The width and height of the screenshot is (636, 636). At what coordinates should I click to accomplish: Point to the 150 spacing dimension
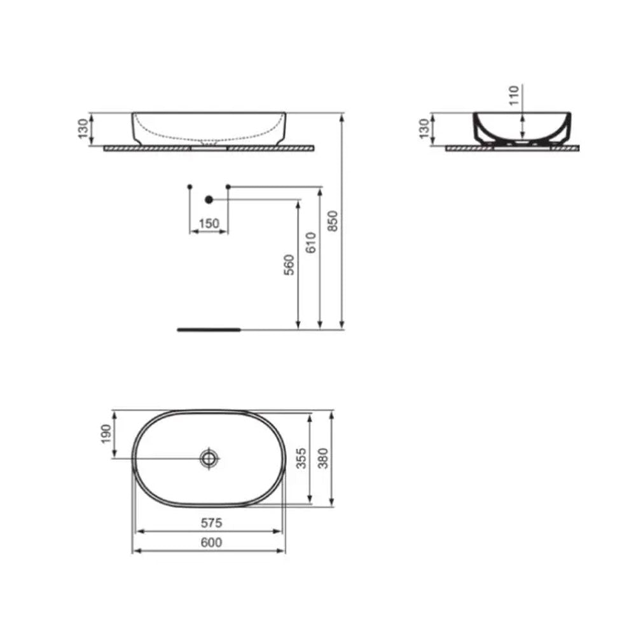pyautogui.click(x=209, y=223)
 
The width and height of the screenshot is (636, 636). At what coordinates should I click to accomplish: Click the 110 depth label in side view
pyautogui.click(x=515, y=95)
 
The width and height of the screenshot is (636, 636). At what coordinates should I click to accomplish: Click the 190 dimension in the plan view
pyautogui.click(x=106, y=434)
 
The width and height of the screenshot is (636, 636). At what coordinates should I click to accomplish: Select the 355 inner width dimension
pyautogui.click(x=301, y=458)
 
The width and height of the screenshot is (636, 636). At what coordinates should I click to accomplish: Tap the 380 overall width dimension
pyautogui.click(x=323, y=458)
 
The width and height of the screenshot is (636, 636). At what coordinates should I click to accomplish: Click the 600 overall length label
pyautogui.click(x=211, y=542)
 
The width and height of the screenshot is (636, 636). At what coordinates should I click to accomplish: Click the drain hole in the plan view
pyautogui.click(x=209, y=458)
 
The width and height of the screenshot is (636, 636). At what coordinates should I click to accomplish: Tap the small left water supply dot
pyautogui.click(x=190, y=186)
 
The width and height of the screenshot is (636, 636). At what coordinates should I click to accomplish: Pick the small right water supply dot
pyautogui.click(x=228, y=186)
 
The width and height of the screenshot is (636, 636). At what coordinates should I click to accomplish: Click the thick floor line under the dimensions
pyautogui.click(x=209, y=330)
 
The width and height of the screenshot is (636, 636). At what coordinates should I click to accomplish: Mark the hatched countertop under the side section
pyautogui.click(x=512, y=148)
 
